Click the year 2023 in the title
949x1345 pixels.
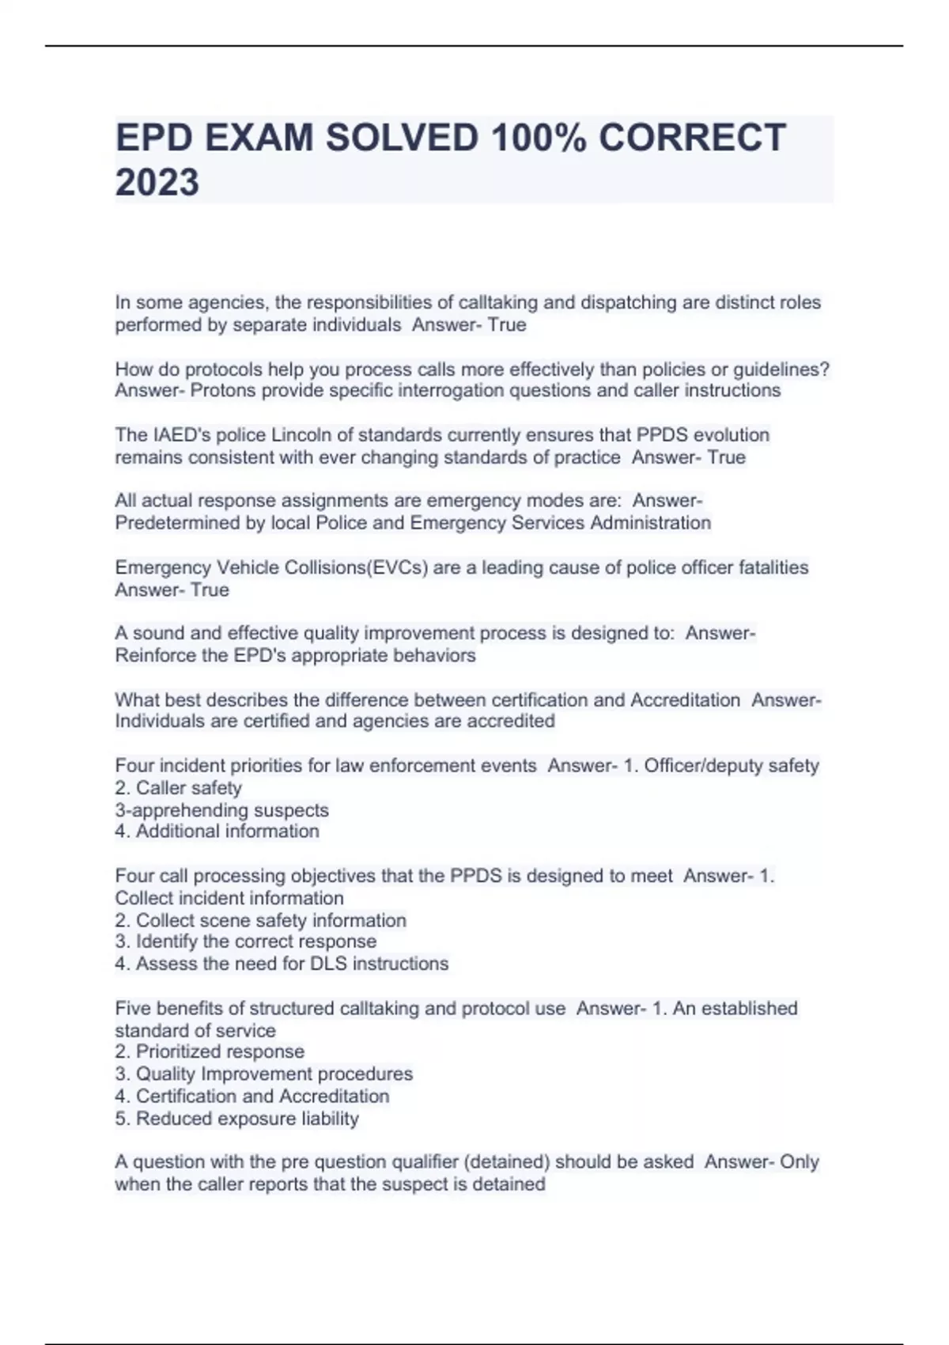point(157,183)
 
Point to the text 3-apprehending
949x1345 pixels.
point(182,810)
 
